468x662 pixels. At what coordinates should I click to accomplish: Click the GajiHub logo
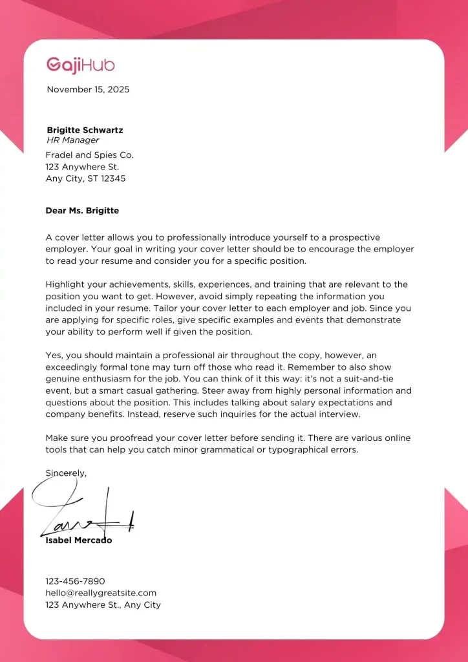tap(80, 65)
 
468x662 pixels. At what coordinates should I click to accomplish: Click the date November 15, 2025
tap(88, 90)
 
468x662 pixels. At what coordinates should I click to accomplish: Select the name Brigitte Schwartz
tap(85, 130)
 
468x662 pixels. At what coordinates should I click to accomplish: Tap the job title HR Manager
tap(73, 140)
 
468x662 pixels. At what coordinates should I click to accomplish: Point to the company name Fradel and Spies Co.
tap(89, 155)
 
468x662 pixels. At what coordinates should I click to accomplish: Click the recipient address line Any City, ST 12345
tap(85, 178)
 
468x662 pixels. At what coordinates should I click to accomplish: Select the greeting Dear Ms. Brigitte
tap(82, 211)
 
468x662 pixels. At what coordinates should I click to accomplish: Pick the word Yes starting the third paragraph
tap(54, 356)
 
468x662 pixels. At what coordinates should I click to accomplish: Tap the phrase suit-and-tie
tap(386, 379)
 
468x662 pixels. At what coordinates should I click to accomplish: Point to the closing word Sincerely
tap(65, 473)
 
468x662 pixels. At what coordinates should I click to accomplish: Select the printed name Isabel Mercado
tap(79, 540)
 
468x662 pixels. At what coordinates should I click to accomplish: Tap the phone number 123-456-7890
tap(75, 581)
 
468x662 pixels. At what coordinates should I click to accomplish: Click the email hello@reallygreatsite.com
tap(101, 593)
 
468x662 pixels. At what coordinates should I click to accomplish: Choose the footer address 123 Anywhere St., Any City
tap(103, 605)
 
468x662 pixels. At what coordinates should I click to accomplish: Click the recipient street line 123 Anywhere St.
tap(82, 167)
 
